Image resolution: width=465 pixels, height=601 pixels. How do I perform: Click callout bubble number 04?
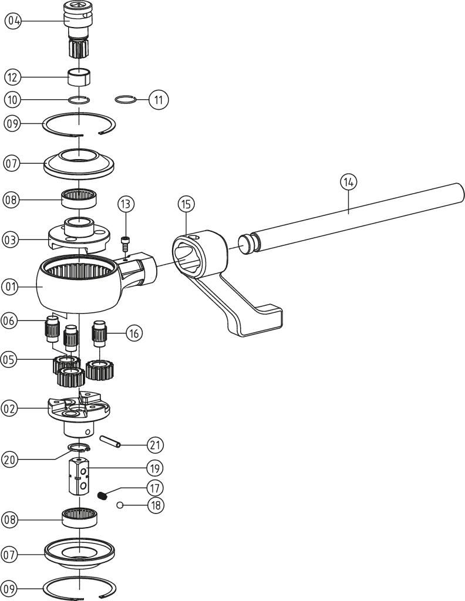[x=13, y=21]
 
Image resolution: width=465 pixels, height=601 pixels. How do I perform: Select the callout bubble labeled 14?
[x=348, y=182]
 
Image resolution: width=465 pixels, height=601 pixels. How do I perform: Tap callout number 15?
[x=186, y=204]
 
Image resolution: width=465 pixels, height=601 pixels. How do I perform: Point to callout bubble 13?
[x=126, y=204]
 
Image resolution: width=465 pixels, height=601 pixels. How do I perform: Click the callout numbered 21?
[x=155, y=445]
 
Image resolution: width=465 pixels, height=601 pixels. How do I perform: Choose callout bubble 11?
[x=158, y=100]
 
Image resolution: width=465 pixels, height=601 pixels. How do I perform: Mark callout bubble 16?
[x=134, y=333]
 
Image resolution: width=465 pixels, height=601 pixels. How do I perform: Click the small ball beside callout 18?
[x=119, y=504]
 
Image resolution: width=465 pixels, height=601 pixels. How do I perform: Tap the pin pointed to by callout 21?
[x=112, y=440]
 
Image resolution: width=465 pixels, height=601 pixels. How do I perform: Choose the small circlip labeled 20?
[x=78, y=450]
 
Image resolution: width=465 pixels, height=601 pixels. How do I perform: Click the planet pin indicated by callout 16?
[x=99, y=336]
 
